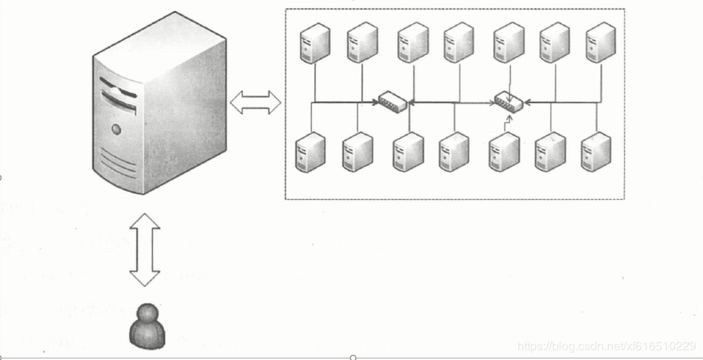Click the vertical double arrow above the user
pyautogui.click(x=144, y=250)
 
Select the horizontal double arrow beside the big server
pyautogui.click(x=255, y=102)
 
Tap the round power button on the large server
pyautogui.click(x=116, y=129)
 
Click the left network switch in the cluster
pyautogui.click(x=392, y=101)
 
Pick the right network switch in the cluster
pyautogui.click(x=508, y=101)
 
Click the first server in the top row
pyautogui.click(x=315, y=42)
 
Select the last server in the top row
pyautogui.click(x=601, y=42)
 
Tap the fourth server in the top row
pyautogui.click(x=459, y=42)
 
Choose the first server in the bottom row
pyautogui.click(x=310, y=153)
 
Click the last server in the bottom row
pyautogui.click(x=595, y=153)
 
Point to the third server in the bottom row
pyautogui.click(x=408, y=153)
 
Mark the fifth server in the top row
pyautogui.click(x=509, y=42)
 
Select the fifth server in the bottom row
pyautogui.click(x=504, y=153)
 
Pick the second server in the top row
pyautogui.click(x=362, y=42)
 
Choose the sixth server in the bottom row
pyautogui.click(x=550, y=153)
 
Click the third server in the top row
pyautogui.click(x=413, y=42)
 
